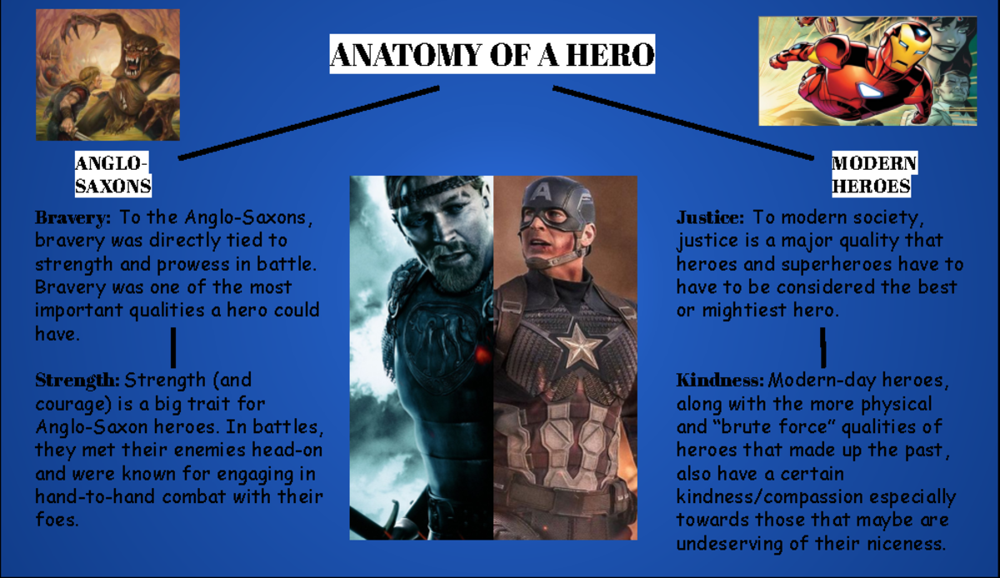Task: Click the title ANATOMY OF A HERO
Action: (x=492, y=55)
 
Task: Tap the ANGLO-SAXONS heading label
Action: (x=112, y=174)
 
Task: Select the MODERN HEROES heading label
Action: (x=874, y=174)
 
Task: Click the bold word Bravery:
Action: (x=72, y=219)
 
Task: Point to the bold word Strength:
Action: (x=77, y=381)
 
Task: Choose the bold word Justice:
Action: (x=710, y=218)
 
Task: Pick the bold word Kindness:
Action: (x=719, y=381)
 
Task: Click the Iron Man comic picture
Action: (x=867, y=71)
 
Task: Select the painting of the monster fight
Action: (x=107, y=75)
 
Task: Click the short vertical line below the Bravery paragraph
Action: (x=173, y=347)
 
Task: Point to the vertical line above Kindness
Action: (x=823, y=347)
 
